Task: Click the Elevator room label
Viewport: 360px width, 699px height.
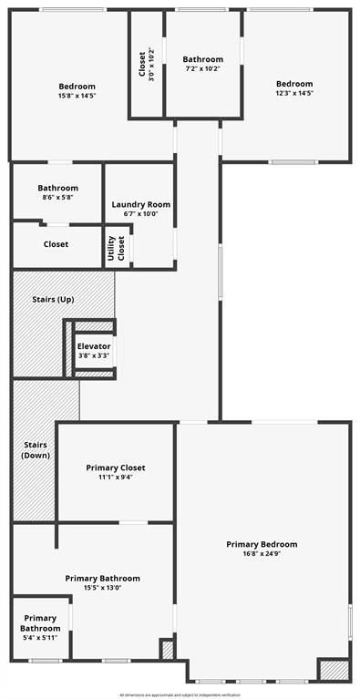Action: click(94, 346)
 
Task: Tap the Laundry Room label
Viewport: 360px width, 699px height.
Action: click(141, 205)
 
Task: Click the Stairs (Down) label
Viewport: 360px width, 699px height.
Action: click(36, 449)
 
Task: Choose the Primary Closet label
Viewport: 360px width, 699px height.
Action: click(116, 468)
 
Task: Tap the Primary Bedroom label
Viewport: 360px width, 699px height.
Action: click(262, 544)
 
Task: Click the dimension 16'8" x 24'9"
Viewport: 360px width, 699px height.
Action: click(262, 554)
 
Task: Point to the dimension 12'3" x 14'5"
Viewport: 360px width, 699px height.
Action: click(294, 93)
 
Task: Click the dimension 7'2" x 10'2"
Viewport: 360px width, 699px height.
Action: click(202, 68)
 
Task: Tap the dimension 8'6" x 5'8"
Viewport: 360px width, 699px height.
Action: click(57, 197)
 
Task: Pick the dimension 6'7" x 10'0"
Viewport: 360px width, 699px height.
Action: click(141, 214)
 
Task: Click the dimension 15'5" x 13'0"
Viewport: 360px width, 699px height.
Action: click(102, 588)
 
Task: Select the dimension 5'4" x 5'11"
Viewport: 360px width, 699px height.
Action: click(40, 637)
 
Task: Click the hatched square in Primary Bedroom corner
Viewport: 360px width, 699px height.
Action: click(333, 669)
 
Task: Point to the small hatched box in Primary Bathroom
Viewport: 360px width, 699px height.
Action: click(167, 649)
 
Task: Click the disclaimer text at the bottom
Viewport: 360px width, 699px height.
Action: click(180, 694)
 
